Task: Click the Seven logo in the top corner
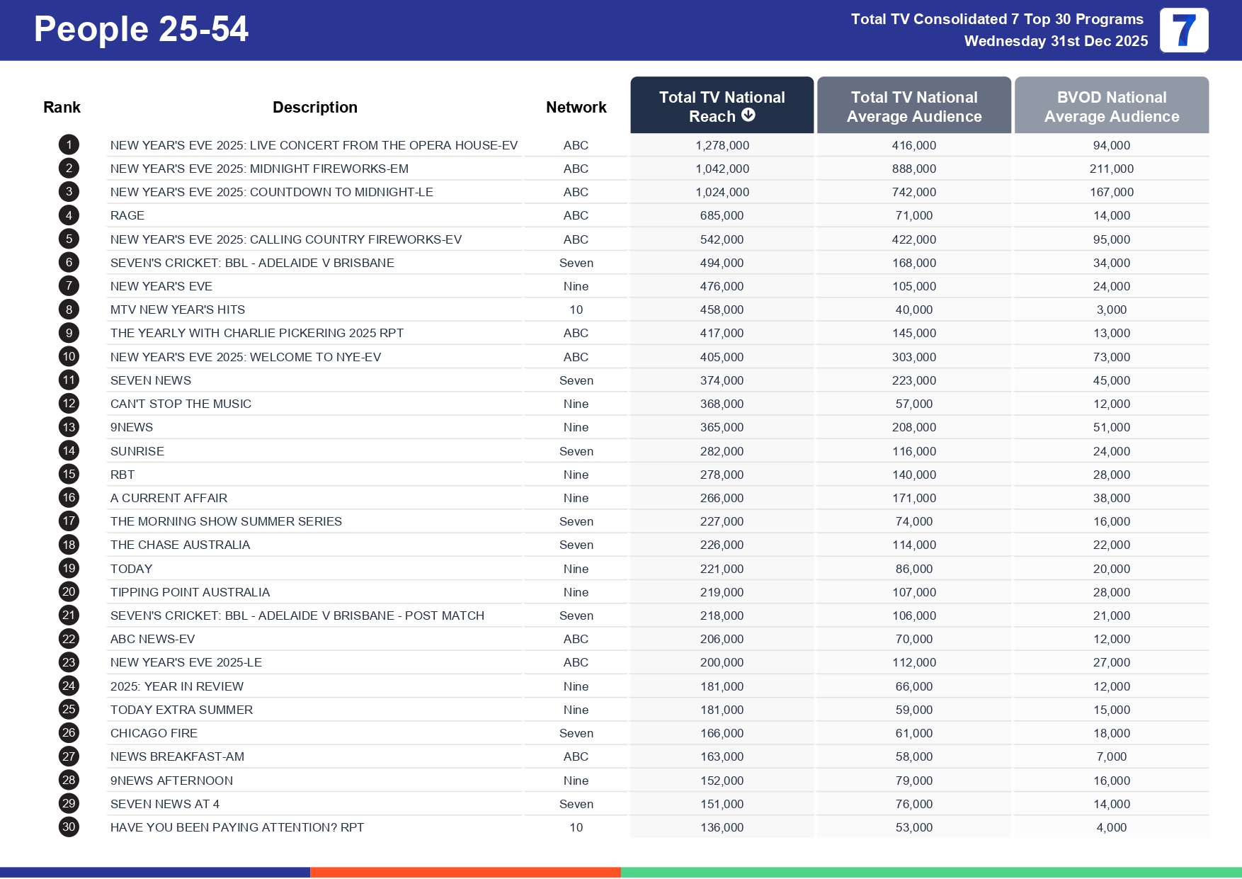(1183, 30)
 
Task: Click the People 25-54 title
(141, 30)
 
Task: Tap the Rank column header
(62, 107)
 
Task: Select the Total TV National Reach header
(722, 106)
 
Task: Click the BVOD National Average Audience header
(1111, 106)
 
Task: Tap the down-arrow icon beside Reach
(748, 115)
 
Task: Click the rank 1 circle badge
(69, 145)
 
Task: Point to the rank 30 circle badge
(69, 827)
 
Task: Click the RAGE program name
(127, 215)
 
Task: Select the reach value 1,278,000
(722, 145)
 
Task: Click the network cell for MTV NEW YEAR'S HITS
(576, 310)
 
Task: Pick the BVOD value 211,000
(1111, 169)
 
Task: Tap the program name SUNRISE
(137, 451)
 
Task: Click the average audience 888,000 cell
(913, 169)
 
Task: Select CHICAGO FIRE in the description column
(154, 733)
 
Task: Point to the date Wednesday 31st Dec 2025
(1056, 41)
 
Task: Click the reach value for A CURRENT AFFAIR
(722, 498)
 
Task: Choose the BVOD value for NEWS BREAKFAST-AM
(1111, 756)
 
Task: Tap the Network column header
(576, 107)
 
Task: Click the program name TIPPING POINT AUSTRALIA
(190, 592)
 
